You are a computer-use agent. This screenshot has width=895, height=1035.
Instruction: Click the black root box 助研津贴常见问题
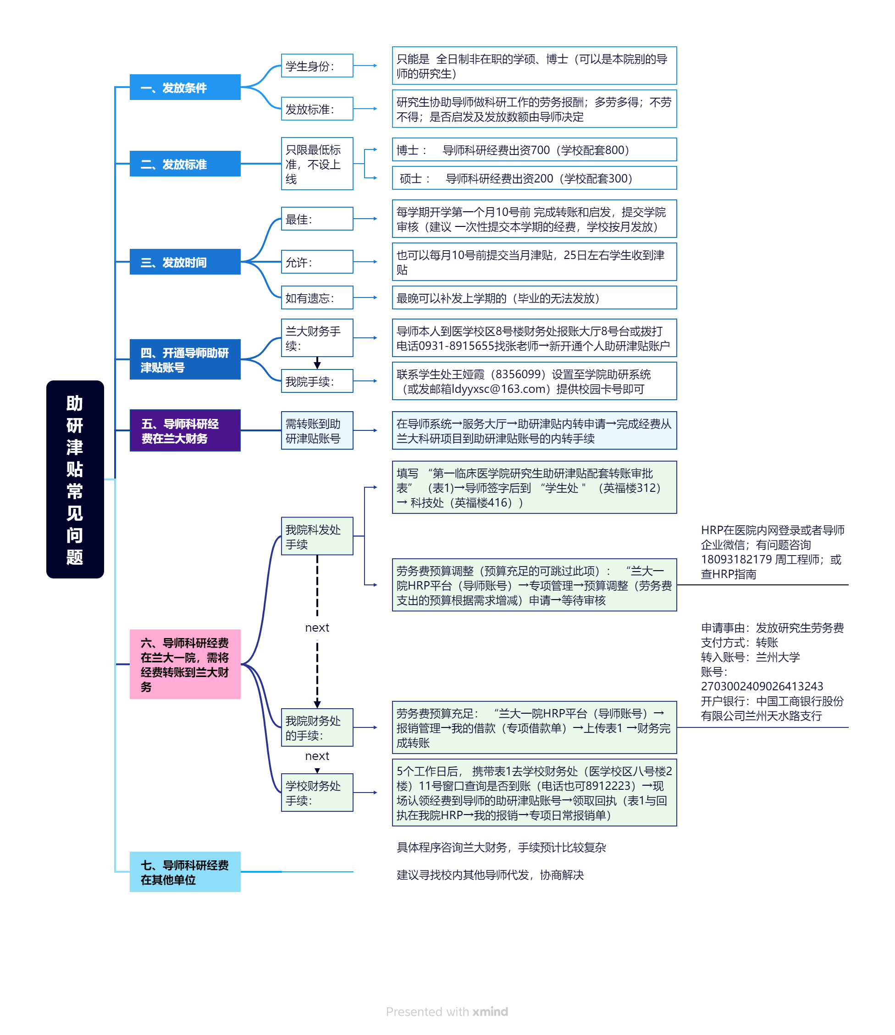pyautogui.click(x=75, y=479)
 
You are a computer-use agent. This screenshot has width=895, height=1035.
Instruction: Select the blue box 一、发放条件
pyautogui.click(x=185, y=88)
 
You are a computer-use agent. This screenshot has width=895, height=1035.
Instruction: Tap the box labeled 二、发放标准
pyautogui.click(x=185, y=164)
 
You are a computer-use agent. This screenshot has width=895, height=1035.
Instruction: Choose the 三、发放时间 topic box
pyautogui.click(x=185, y=262)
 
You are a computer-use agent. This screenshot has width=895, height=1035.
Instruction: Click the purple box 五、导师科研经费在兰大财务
pyautogui.click(x=185, y=430)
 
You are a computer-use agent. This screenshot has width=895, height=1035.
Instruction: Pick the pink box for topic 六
pyautogui.click(x=185, y=664)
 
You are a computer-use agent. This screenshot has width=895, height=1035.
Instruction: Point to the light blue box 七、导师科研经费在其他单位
pyautogui.click(x=185, y=872)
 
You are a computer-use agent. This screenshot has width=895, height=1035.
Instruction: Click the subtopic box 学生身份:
pyautogui.click(x=317, y=66)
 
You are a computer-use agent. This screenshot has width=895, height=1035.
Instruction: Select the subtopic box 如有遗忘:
pyautogui.click(x=317, y=298)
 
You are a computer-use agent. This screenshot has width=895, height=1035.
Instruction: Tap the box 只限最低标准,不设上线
pyautogui.click(x=317, y=164)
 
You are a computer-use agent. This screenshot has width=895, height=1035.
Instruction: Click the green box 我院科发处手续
pyautogui.click(x=317, y=536)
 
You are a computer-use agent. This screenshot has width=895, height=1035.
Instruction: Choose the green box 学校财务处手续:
pyautogui.click(x=317, y=793)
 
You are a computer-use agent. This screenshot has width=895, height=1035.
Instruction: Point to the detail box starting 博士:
pyautogui.click(x=534, y=150)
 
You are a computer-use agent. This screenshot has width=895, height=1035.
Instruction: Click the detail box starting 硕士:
pyautogui.click(x=534, y=178)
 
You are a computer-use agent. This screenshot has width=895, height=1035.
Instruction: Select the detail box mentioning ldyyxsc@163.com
pyautogui.click(x=534, y=381)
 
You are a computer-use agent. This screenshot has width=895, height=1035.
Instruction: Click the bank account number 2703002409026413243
pyautogui.click(x=762, y=686)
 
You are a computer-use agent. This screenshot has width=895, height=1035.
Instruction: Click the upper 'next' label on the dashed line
pyautogui.click(x=317, y=628)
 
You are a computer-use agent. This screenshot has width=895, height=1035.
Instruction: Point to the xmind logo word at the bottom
pyautogui.click(x=490, y=1012)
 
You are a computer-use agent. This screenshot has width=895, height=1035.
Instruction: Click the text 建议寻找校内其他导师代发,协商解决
pyautogui.click(x=490, y=875)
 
